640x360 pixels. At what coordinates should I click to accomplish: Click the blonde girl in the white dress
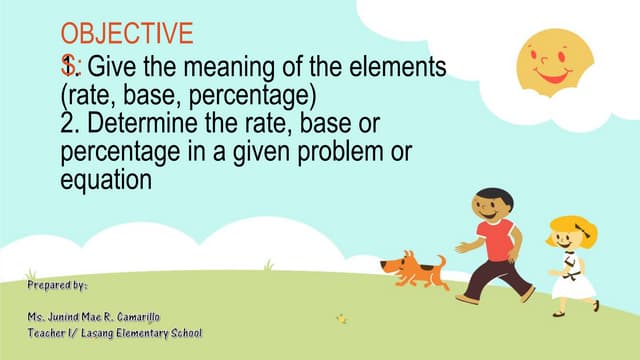coord(571,262)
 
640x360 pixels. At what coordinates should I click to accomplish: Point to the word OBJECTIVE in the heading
coord(126,34)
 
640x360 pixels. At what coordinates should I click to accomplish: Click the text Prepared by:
coord(57,285)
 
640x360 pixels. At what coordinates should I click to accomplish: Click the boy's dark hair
coord(489,197)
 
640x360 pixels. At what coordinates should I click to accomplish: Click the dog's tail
coord(440,260)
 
